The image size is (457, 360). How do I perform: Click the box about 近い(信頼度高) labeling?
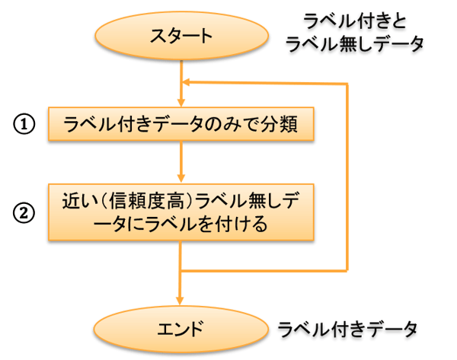(181, 213)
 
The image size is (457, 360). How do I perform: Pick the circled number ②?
(25, 214)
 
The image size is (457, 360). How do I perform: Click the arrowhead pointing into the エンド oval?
(181, 304)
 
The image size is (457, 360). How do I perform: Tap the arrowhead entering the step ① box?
(181, 101)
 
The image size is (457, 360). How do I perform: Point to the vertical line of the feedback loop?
(348, 175)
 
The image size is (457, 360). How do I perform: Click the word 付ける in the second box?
(244, 225)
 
